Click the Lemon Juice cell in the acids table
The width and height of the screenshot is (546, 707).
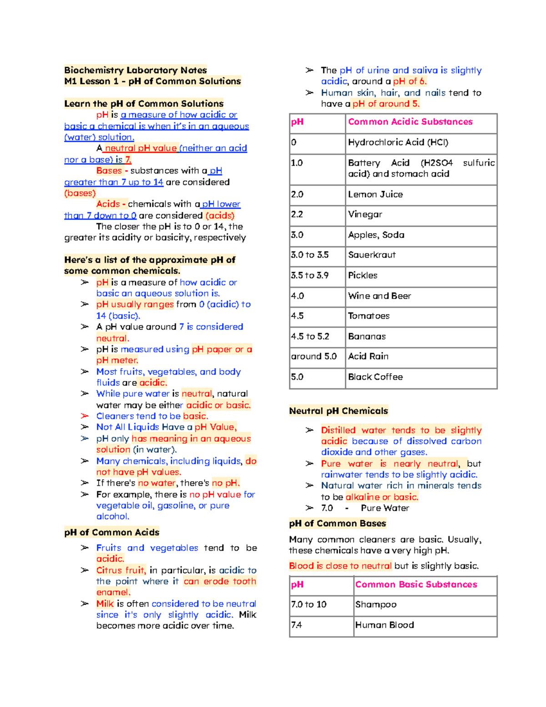[x=375, y=194]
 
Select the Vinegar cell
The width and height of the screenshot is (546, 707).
[x=365, y=214]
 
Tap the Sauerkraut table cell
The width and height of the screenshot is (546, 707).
[x=372, y=255]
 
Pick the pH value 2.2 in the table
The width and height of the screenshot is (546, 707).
[x=297, y=214]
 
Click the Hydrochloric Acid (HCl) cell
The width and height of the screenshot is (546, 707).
[x=398, y=142]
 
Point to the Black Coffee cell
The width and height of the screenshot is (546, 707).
[x=375, y=377]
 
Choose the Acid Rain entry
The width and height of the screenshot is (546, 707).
[x=368, y=356]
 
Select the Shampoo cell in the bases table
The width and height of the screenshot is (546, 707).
[x=376, y=605]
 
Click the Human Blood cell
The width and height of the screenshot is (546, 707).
[x=384, y=625]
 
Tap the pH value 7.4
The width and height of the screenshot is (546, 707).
[x=296, y=625]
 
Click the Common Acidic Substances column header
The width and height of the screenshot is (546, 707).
[x=410, y=122]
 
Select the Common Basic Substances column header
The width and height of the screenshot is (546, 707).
[x=416, y=585]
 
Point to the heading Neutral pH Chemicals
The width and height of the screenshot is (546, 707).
[x=339, y=411]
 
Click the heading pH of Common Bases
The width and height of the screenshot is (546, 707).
[x=338, y=524]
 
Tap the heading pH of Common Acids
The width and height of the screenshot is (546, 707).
[x=112, y=533]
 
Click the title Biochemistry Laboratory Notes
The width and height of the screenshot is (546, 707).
[x=136, y=70]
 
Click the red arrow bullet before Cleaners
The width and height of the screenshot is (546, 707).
[x=85, y=416]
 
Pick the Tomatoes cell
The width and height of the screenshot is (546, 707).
[x=369, y=316]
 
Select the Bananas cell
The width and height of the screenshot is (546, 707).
[x=367, y=336]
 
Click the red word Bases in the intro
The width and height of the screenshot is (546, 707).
[x=109, y=171]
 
